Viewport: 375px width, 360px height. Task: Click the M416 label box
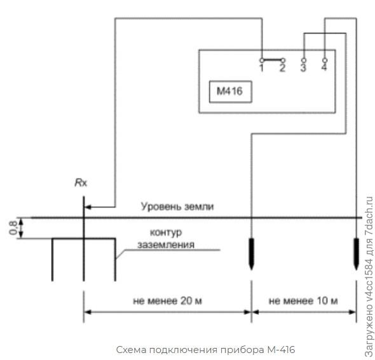click(x=231, y=91)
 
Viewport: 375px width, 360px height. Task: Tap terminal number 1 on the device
click(x=262, y=60)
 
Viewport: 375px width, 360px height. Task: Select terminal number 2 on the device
click(x=283, y=60)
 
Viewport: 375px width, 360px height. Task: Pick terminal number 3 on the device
click(x=303, y=60)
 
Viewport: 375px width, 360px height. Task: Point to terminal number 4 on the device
click(x=325, y=60)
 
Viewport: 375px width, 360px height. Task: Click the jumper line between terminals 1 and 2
click(x=273, y=60)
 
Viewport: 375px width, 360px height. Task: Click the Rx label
click(x=81, y=183)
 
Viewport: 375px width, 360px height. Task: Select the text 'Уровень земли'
click(x=177, y=206)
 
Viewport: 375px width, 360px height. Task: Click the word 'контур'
click(x=166, y=232)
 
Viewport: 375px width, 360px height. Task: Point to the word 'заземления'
click(x=166, y=244)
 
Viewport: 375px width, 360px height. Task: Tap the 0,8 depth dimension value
click(x=13, y=228)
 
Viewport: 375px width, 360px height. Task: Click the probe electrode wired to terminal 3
click(x=251, y=254)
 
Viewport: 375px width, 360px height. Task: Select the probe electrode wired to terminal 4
click(x=357, y=254)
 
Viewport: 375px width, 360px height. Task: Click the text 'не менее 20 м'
click(x=167, y=300)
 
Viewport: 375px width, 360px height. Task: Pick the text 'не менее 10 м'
click(x=303, y=300)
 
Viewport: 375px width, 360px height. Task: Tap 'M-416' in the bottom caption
click(x=281, y=350)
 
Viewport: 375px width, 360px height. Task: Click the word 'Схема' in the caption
click(x=132, y=350)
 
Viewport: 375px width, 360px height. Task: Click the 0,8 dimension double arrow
click(x=21, y=228)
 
